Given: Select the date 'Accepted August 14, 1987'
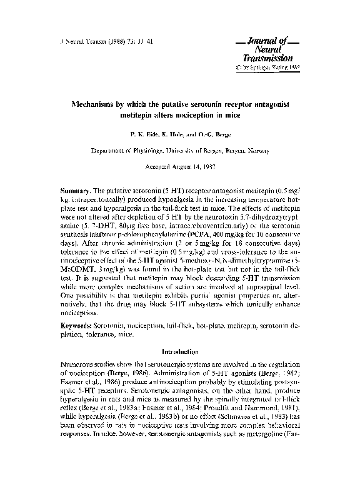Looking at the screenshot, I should (180, 168).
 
